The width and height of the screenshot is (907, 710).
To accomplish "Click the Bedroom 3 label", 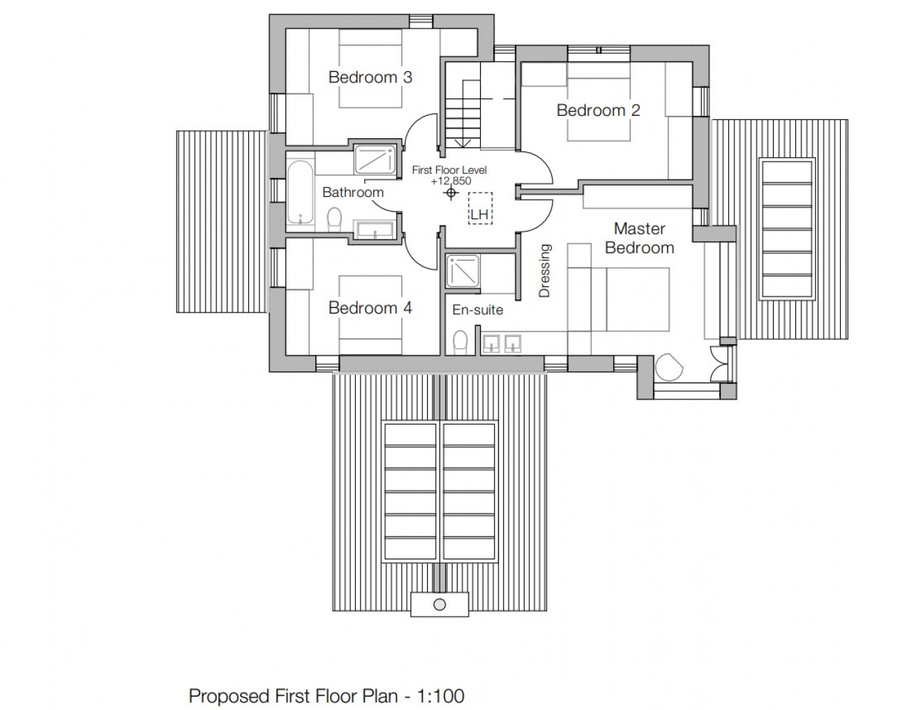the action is coord(370,77).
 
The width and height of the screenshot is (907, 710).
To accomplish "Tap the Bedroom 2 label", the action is coord(598,110).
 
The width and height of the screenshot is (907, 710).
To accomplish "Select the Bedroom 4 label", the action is coord(370,308).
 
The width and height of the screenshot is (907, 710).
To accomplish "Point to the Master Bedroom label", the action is coord(640,238).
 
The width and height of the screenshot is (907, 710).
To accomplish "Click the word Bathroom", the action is coord(353,192).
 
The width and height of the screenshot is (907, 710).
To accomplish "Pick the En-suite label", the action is coord(477,310).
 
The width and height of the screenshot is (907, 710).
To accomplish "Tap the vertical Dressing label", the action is coord(545,271).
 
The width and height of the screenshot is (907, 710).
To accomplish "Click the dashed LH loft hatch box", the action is coord(480,209).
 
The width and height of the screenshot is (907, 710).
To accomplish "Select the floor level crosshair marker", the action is coord(451,193).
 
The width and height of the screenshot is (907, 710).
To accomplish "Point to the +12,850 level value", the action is coord(451,182).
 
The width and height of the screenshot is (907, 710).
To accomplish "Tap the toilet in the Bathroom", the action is coord(334,218).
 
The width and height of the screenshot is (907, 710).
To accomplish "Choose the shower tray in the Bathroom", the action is coord(375,160).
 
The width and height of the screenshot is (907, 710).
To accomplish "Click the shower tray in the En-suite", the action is coord(463,272).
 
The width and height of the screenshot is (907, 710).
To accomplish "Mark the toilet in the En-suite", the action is coord(460,343).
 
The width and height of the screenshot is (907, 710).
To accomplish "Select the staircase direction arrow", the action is coord(463,144).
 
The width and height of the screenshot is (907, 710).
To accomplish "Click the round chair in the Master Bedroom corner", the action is coord(669,367).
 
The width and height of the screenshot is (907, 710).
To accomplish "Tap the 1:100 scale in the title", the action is coord(441,696).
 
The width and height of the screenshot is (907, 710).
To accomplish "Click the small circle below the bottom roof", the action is coord(440,605).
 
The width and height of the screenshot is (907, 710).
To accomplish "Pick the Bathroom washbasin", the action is coord(375,230).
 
